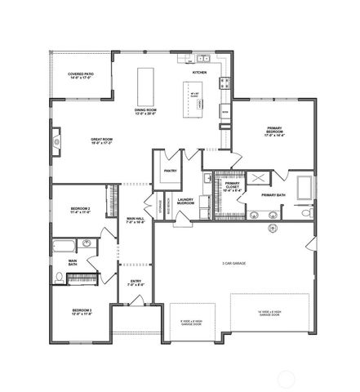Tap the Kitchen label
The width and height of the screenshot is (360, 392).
[199, 73]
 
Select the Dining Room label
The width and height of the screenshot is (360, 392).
[146, 112]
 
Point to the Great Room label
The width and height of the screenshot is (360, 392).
[101, 141]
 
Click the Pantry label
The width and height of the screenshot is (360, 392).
[170, 171]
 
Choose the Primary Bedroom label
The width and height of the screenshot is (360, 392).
[273, 131]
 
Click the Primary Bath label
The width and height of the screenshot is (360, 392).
[273, 195]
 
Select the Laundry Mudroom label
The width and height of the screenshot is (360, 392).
[185, 200]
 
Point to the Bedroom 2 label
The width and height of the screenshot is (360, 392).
[78, 211]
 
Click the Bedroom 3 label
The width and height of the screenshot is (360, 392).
[81, 311]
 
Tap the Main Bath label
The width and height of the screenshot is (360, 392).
[73, 264]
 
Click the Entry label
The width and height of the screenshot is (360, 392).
[136, 283]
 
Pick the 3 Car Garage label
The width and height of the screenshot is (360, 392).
[233, 263]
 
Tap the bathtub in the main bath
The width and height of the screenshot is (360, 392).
[63, 246]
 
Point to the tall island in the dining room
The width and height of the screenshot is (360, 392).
[147, 83]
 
